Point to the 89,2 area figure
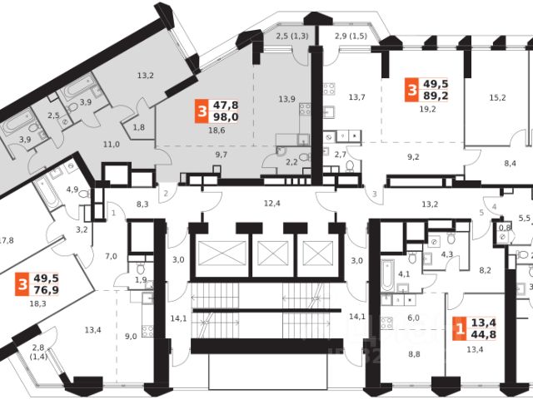(x=436, y=95)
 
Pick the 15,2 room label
(x=497, y=97)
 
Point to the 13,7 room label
(x=357, y=97)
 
